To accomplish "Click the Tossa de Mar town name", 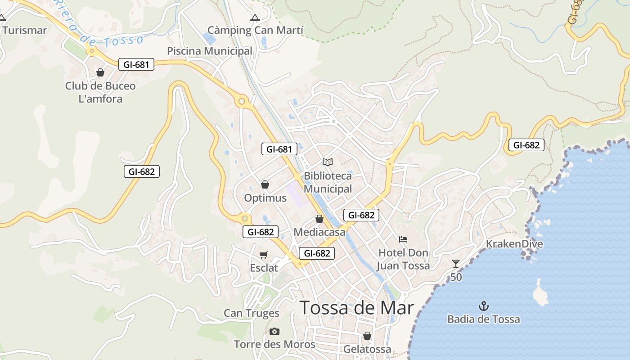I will pos(356,308).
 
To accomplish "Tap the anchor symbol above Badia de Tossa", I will pos(483,306).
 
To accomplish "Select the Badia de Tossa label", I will pos(483,319).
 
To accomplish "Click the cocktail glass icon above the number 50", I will pos(456,264).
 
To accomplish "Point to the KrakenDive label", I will pos(514,244).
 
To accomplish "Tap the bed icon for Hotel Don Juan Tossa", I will pos(403,239).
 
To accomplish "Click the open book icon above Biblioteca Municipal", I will pos(328,162).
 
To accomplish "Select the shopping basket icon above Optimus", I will pos(265,184).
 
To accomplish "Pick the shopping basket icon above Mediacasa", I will pos(319,219).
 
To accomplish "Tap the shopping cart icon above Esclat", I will pos(264,255).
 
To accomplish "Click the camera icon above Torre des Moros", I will pos(274,332).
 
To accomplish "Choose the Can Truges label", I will pos(252,313).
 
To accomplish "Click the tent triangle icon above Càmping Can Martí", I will pos(255,18).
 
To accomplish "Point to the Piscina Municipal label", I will pos(210,51).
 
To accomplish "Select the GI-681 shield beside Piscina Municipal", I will pos(136,64).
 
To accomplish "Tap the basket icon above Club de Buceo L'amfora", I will pos(100,72).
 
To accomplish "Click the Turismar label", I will pos(25,31).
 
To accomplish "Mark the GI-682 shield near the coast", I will pos(526,145).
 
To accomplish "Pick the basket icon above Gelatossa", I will pos(367,336).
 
